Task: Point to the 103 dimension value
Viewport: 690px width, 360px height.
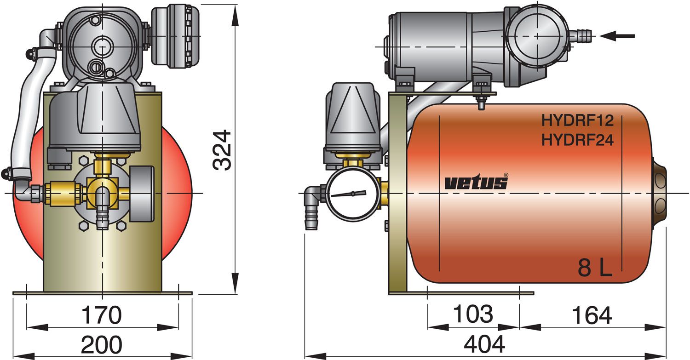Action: pyautogui.click(x=472, y=314)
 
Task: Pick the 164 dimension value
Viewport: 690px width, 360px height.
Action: pyautogui.click(x=592, y=315)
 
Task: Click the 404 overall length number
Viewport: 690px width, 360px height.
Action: pyautogui.click(x=484, y=344)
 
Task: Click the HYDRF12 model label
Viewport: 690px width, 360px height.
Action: pyautogui.click(x=577, y=121)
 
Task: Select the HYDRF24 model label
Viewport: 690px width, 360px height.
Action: pyautogui.click(x=577, y=140)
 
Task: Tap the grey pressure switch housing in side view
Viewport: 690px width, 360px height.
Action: pyautogui.click(x=353, y=120)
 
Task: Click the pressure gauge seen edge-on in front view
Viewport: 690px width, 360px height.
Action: pyautogui.click(x=137, y=193)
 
